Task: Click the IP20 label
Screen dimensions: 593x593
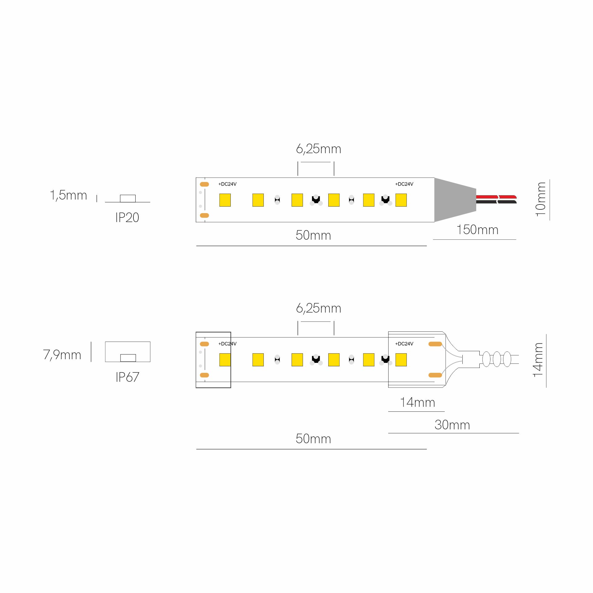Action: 127,217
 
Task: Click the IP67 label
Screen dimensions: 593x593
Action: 127,377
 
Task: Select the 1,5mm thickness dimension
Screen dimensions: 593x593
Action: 69,196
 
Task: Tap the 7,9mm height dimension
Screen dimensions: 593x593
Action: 62,355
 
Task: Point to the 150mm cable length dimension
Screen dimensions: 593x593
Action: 477,230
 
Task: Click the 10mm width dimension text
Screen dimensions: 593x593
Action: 541,200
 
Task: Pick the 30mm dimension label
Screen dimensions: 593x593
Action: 452,425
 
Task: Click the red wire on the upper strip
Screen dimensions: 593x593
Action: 496,197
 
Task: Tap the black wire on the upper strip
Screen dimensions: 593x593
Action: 496,202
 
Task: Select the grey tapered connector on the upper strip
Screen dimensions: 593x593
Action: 455,200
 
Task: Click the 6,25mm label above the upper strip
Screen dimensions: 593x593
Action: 318,149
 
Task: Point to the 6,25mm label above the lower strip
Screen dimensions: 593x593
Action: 318,309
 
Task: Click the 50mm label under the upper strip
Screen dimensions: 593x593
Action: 313,235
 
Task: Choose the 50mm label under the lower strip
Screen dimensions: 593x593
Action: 313,439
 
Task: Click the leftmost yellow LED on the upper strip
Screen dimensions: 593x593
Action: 225,200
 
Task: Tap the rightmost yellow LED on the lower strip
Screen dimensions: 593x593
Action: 401,360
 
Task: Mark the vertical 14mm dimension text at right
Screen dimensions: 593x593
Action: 538,360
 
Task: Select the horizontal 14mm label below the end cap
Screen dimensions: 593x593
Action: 417,403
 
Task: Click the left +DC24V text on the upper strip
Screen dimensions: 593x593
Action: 227,184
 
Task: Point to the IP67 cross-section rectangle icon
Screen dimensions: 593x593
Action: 128,342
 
